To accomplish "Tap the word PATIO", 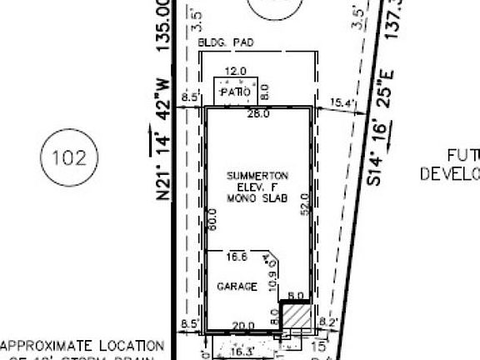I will pos(236,92).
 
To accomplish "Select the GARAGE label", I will pos(237,287).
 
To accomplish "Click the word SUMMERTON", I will pos(258,176).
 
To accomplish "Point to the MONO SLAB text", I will pos(258,197).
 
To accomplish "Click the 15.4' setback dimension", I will pos(342,103).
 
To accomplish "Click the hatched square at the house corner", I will pos(294,315).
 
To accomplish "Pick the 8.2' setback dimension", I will pos(327,319).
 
